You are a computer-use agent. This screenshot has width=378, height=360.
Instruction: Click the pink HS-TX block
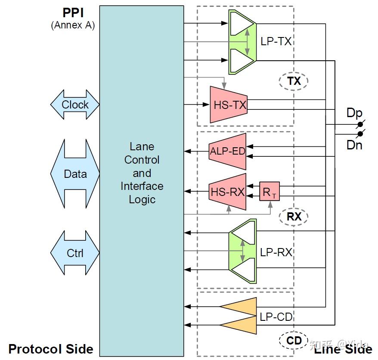[229, 105]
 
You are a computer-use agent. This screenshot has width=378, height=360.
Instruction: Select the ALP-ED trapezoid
[227, 152]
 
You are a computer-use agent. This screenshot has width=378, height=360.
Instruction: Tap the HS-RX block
[227, 192]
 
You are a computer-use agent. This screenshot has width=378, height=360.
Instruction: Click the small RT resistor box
[270, 192]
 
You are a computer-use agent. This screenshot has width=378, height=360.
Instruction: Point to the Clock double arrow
[75, 105]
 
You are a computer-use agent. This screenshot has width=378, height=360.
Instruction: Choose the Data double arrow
[75, 174]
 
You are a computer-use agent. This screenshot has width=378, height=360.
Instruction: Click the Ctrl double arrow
[75, 253]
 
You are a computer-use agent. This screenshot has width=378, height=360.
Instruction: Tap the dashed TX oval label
[294, 81]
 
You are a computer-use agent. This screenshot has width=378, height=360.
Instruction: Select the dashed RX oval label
[294, 217]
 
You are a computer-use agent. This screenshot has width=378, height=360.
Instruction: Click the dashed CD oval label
[294, 341]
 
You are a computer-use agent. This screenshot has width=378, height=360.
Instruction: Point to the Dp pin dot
[360, 124]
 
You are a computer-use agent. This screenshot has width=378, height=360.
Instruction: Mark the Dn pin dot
[360, 134]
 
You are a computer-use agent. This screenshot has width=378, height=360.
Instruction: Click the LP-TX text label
[276, 41]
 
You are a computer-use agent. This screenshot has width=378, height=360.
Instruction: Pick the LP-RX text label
[276, 252]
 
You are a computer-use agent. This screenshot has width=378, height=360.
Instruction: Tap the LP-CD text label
[276, 317]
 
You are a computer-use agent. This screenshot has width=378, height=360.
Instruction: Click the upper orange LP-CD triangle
[238, 307]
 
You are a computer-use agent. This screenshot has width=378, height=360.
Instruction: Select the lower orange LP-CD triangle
[238, 325]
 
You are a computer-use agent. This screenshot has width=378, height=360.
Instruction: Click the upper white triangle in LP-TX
[242, 24]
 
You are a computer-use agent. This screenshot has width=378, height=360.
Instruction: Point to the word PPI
[73, 13]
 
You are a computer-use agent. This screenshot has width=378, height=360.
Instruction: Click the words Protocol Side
[51, 349]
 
